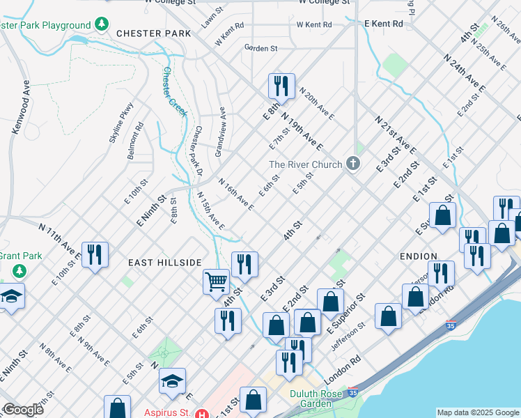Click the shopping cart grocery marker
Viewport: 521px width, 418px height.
coord(217,281)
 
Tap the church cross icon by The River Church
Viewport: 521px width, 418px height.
coord(353,164)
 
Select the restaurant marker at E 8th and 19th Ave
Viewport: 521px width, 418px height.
coord(281,86)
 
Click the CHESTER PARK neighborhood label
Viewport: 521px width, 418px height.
coord(154,33)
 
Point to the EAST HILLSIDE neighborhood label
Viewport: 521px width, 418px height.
coord(164,262)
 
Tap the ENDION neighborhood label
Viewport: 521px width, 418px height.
coord(418,256)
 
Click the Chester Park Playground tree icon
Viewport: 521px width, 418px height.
coord(102,25)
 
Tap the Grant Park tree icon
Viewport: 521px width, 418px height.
coord(22,270)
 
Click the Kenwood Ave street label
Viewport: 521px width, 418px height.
coord(20,111)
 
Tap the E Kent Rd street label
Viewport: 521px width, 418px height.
coord(384,24)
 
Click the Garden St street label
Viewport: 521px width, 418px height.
coord(261,48)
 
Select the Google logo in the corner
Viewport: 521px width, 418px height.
coord(22,410)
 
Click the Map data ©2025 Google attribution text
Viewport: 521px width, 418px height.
coord(477,412)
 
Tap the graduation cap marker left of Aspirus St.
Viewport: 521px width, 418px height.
coord(172,380)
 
